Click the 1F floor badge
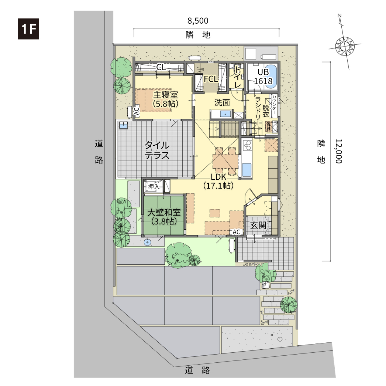tap(28, 29)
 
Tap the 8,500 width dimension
tap(198, 21)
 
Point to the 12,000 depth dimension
tap(339, 151)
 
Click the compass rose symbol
tap(345, 46)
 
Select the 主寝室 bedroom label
tap(165, 95)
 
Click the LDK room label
tap(218, 177)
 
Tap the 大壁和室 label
tap(164, 212)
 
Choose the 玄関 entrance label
tap(258, 225)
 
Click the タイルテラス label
tap(157, 150)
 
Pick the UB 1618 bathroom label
tap(263, 77)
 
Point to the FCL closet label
tap(211, 79)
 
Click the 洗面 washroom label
tap(222, 102)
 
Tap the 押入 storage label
tap(154, 186)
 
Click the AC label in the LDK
tap(236, 232)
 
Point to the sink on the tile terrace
tap(123, 125)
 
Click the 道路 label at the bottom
tap(197, 370)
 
